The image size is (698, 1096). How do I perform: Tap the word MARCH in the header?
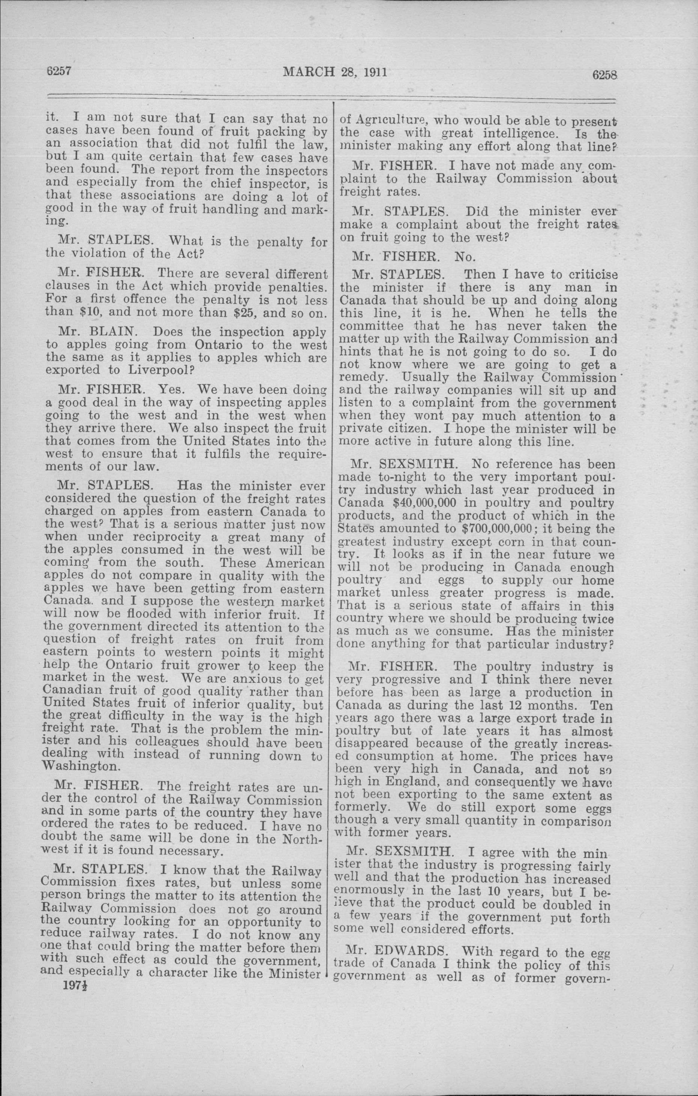tap(308, 72)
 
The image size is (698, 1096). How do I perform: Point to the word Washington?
tap(81, 766)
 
